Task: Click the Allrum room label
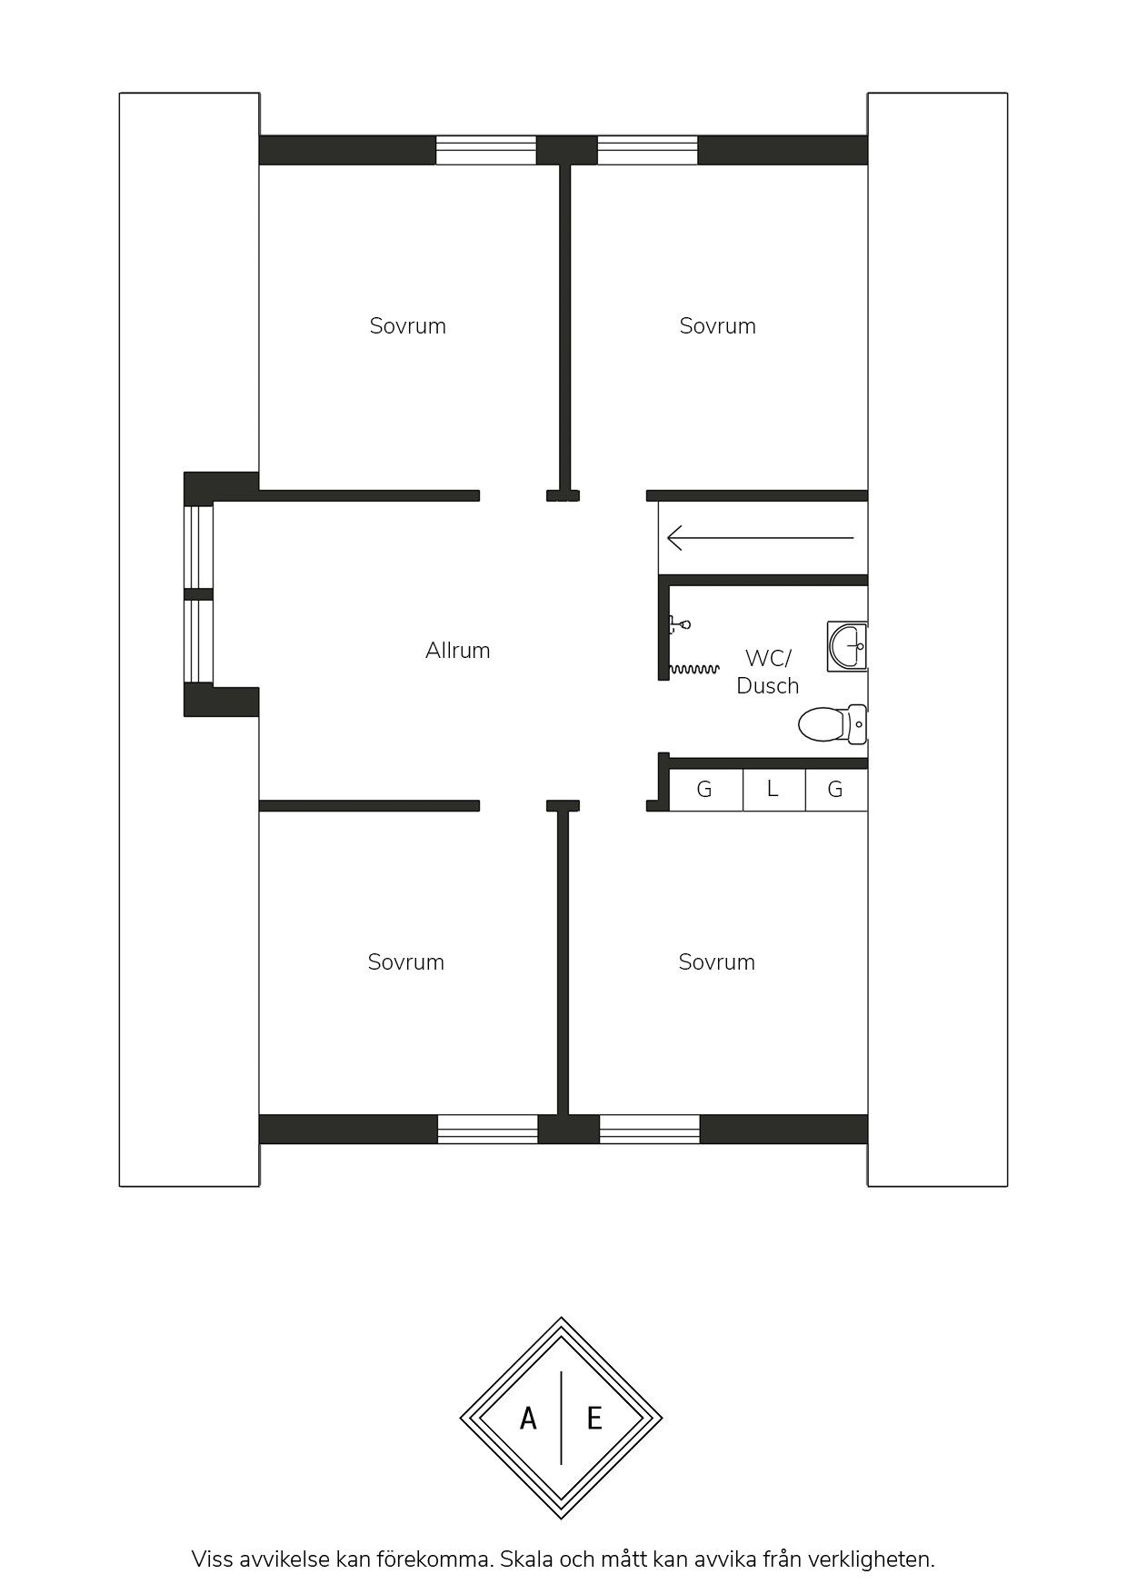[x=457, y=651]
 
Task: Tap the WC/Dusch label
[x=768, y=672]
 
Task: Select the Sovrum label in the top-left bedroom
[x=407, y=326]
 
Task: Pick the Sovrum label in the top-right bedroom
[x=717, y=326]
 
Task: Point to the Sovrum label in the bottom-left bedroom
[x=405, y=962]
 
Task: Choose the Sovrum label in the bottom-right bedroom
[x=716, y=962]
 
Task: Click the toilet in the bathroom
[x=833, y=724]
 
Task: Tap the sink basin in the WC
[x=847, y=647]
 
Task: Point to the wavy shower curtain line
[x=694, y=670]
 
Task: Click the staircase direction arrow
[x=761, y=538]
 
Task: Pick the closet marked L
[x=774, y=790]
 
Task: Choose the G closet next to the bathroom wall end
[x=706, y=790]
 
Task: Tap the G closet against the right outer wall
[x=836, y=790]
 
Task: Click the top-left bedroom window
[x=486, y=150]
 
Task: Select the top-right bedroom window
[x=647, y=150]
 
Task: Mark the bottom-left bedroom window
[x=488, y=1129]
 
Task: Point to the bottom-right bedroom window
[x=650, y=1129]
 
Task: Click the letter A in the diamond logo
[x=528, y=1419]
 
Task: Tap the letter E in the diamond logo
[x=594, y=1419]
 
